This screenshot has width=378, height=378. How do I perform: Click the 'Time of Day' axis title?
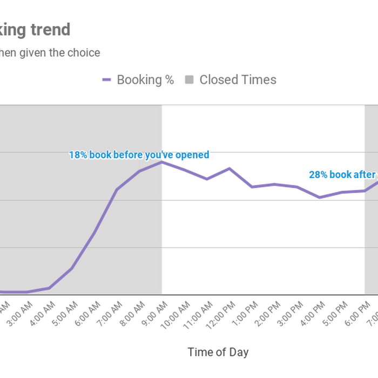pos(218,353)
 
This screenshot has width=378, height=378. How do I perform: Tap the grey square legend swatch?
pos(189,80)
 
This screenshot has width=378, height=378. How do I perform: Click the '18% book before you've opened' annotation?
pos(139,155)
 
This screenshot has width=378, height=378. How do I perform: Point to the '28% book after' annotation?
pos(342,174)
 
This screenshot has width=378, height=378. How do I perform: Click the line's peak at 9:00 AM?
pos(161,161)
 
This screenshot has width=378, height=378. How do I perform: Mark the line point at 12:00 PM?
pos(230,168)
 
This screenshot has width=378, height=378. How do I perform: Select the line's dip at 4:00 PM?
pos(320,197)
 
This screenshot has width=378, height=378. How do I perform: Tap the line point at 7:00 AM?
pos(117,190)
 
